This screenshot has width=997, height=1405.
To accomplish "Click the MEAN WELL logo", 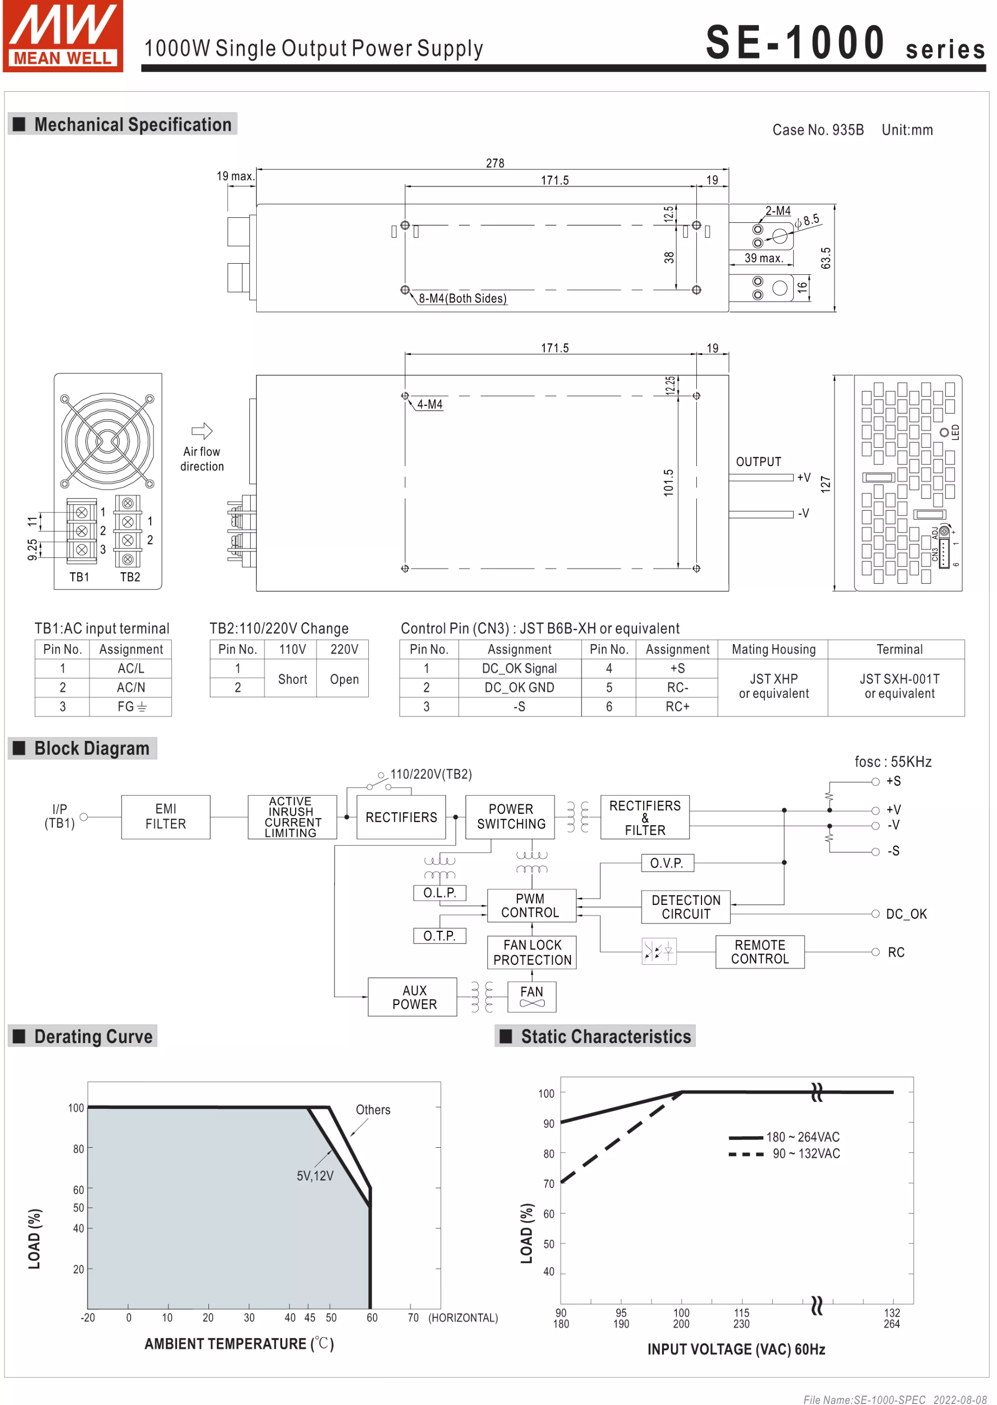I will point(63,35).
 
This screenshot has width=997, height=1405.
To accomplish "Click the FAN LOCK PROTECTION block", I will point(532,952).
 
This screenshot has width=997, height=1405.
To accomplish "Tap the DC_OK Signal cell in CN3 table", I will point(519,668).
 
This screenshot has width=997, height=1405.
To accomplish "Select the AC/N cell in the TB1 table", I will point(131,687).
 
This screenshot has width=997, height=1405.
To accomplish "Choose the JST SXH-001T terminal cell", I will point(899,686).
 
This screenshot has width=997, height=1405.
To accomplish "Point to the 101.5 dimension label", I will point(668,483).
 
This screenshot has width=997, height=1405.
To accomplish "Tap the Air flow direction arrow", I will point(202,430).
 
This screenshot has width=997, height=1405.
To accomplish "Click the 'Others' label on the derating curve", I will point(373,1110).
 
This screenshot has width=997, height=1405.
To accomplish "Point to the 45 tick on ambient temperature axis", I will point(310,1318).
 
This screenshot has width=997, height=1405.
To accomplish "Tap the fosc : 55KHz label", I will point(893,761).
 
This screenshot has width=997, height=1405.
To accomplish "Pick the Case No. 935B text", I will point(818,130).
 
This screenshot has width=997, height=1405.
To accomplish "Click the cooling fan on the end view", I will point(108,440).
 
